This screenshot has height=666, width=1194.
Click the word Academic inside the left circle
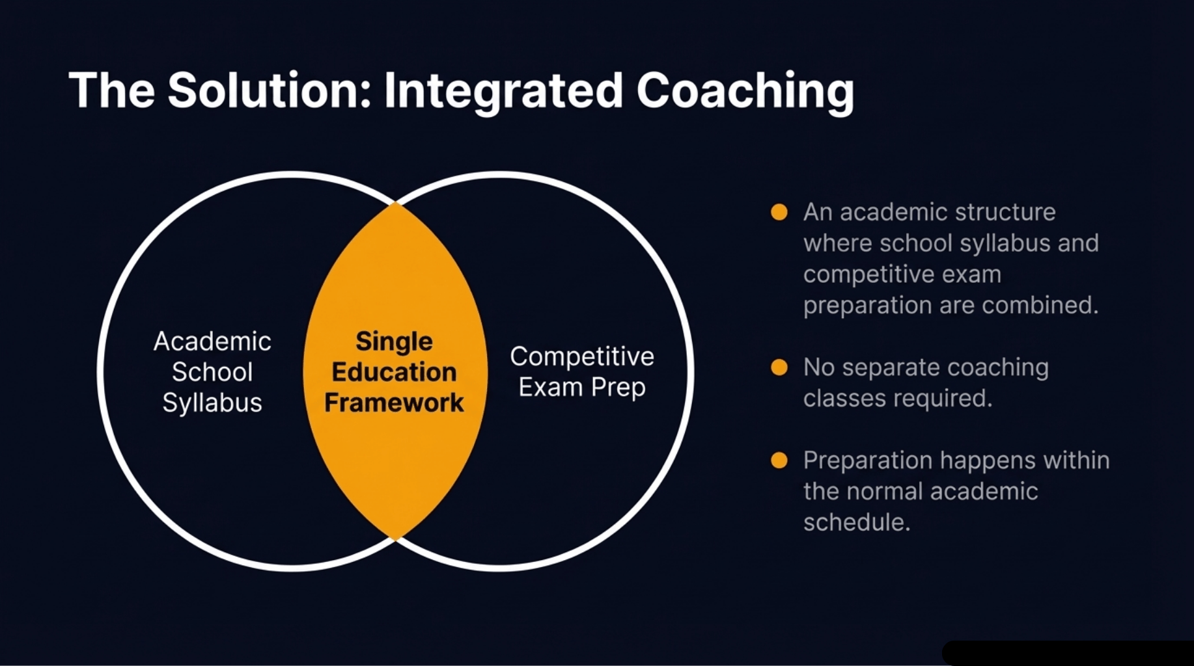pos(212,341)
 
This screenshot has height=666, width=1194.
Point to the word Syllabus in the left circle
pos(212,403)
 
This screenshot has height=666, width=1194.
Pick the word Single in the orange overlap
pos(394,341)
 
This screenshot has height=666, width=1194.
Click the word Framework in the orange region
pos(394,403)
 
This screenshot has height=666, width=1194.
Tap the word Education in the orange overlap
pos(394,372)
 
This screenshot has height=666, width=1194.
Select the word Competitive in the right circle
pos(581,356)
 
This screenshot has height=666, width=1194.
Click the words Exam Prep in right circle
pos(581,387)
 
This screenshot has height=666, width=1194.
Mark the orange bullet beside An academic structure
pos(779,212)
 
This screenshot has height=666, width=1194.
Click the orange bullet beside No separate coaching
pos(779,367)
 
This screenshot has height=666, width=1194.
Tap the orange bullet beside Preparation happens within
pos(779,460)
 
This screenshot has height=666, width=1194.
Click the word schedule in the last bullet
pos(855,522)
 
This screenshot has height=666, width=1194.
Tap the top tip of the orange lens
pos(395,204)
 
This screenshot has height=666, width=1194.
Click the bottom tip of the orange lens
pos(395,538)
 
